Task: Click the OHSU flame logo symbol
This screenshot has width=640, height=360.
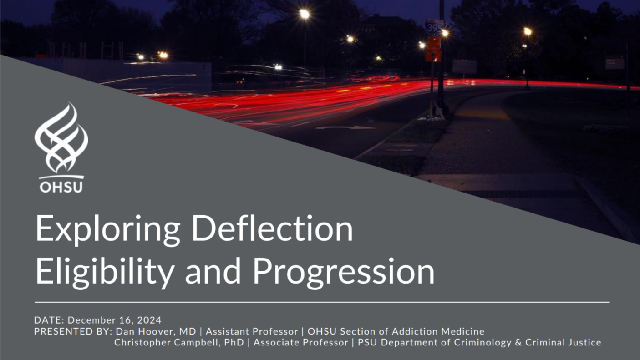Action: tap(61, 138)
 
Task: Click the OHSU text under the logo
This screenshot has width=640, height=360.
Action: tap(61, 187)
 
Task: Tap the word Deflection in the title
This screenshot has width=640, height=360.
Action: tap(273, 228)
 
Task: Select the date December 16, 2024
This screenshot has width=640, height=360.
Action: tap(115, 320)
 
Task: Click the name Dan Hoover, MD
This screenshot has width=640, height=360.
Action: tap(156, 331)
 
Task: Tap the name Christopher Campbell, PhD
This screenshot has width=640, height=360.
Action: tap(179, 342)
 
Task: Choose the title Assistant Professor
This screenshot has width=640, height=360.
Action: tap(252, 331)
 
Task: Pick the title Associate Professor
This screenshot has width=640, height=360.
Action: tap(301, 342)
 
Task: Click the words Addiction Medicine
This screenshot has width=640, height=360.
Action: tap(438, 331)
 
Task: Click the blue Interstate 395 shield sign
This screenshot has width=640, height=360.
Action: tap(435, 27)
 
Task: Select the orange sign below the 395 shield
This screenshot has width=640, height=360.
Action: tap(434, 49)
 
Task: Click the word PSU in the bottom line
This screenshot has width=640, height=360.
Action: tap(367, 342)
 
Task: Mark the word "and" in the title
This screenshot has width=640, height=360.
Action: tap(213, 271)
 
